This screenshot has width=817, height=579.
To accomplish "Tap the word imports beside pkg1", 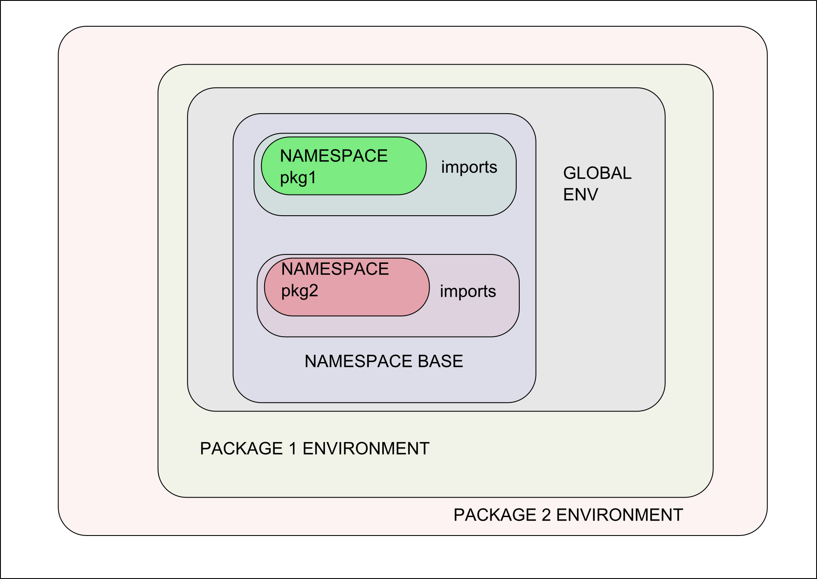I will coord(469,167).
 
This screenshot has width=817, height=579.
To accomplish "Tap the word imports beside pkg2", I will coord(468,292).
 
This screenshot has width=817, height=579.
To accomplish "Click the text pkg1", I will coord(298,178).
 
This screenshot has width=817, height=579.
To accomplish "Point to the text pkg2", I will coord(299,291).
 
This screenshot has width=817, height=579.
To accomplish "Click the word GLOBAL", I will coord(597,173).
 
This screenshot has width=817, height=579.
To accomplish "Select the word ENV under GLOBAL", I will coord(580,195).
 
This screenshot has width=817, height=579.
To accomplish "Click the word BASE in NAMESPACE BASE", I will coord(440,361).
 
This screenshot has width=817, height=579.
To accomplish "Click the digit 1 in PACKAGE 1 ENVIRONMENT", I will coord(293,449).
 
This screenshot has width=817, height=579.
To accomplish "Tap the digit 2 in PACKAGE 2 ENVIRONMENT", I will coord(546,515).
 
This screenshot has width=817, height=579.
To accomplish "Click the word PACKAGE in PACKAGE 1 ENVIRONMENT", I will coord(241,449).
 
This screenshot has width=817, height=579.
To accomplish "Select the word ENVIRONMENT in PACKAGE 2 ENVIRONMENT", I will coord(619,515).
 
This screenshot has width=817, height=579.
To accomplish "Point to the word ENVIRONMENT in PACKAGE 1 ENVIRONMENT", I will coord(366,449).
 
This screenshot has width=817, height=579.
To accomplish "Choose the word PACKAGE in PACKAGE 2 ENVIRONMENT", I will coord(495,515).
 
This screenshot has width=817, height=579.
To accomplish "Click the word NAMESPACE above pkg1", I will coord(334,156).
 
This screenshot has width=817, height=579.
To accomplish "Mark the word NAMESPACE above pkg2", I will coord(335,269).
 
